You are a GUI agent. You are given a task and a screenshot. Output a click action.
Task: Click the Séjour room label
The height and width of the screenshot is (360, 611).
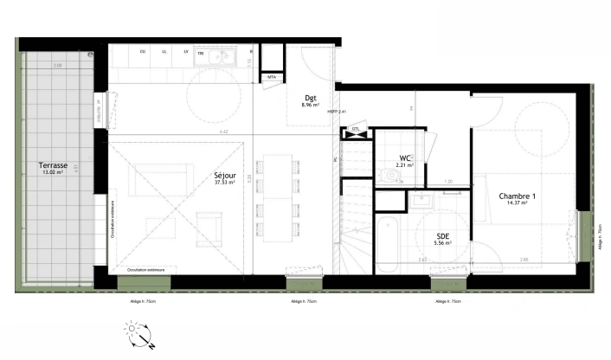point(224,174)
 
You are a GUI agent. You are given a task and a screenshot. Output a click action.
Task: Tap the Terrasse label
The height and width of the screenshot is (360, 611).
point(54,165)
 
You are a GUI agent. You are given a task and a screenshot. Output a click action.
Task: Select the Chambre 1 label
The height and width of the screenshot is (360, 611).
point(518,196)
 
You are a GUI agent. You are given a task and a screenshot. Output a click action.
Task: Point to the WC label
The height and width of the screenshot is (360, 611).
point(404,157)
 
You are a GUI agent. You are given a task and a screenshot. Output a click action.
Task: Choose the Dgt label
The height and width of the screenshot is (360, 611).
point(310,98)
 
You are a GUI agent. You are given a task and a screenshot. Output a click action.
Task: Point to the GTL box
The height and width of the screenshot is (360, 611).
point(356,132)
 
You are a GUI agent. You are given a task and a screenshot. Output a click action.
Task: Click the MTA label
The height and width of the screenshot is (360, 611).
point(272,77)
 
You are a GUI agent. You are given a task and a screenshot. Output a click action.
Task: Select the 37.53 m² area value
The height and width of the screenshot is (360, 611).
point(224,182)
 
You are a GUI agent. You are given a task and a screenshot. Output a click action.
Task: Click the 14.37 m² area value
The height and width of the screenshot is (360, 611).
point(518,204)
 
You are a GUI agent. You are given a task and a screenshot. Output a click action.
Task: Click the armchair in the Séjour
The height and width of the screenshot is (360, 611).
point(209,227)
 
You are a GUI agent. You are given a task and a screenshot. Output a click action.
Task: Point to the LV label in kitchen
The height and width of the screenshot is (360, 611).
point(185,52)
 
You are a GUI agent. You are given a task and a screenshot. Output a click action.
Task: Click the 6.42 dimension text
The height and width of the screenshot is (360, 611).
point(223,131)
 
